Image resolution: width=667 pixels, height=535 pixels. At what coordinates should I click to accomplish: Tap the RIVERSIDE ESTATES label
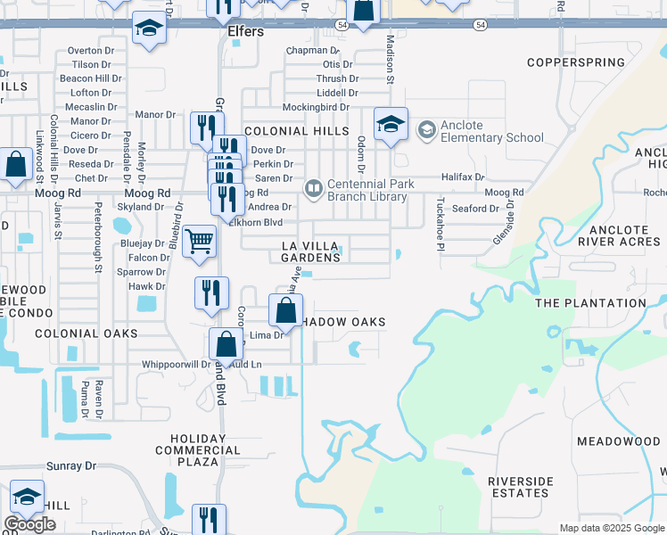coord(519,487)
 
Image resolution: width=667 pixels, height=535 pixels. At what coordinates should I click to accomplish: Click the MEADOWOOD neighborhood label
coord(618,441)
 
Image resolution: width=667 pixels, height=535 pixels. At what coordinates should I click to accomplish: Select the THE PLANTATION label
coord(590,303)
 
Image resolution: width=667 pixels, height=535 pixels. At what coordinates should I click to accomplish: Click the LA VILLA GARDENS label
coord(311,251)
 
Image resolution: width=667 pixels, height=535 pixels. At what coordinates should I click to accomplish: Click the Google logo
coord(29,524)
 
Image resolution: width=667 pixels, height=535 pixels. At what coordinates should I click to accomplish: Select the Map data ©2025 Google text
coord(613,528)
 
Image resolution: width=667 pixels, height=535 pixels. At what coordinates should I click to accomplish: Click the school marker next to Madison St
coord(391,125)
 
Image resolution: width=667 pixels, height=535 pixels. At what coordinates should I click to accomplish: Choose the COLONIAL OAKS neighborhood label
coord(86,333)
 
